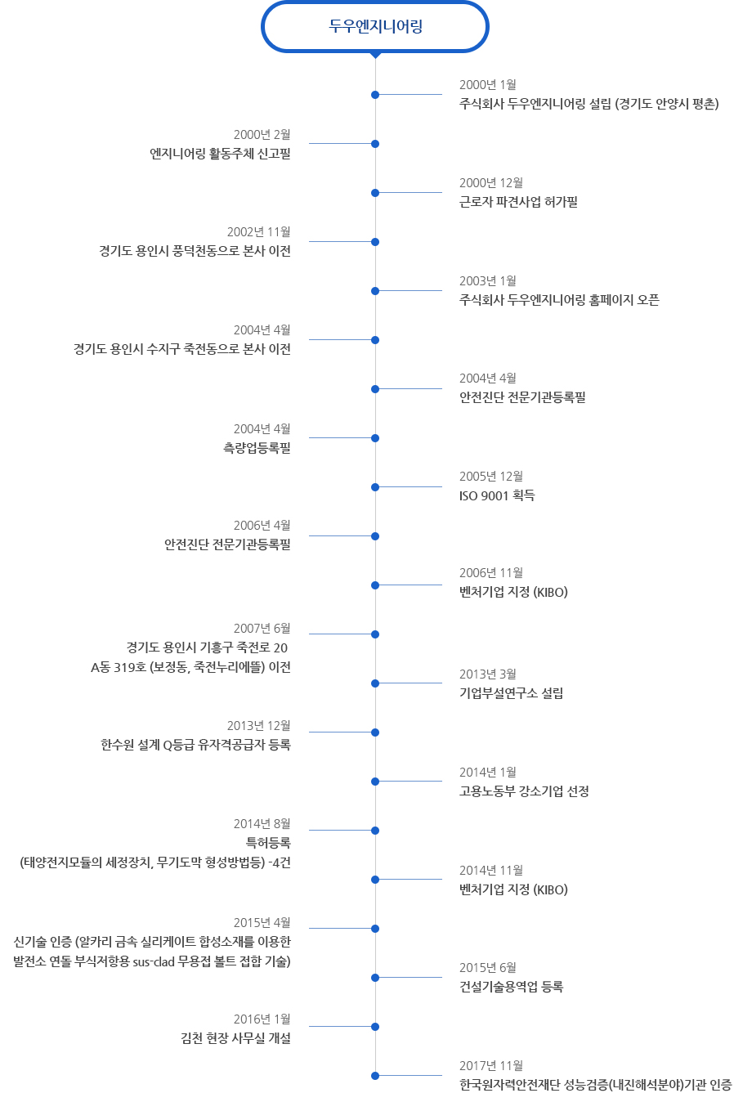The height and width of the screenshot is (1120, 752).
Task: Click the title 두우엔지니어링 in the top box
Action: click(375, 26)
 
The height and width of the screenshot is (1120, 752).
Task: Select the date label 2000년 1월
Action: click(487, 84)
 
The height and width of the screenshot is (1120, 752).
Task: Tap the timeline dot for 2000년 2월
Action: click(375, 144)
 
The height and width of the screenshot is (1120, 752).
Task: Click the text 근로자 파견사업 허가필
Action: click(518, 202)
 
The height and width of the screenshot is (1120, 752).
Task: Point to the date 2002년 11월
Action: click(258, 231)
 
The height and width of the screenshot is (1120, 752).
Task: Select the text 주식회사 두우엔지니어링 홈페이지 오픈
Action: click(559, 300)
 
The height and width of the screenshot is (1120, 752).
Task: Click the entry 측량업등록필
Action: click(257, 447)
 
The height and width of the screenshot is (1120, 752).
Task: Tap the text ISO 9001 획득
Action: click(497, 495)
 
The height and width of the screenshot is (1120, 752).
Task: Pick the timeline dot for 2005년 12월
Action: click(375, 487)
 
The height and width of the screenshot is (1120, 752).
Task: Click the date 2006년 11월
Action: click(491, 572)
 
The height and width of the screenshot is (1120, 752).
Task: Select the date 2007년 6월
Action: click(262, 628)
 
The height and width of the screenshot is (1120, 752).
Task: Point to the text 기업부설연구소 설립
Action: click(511, 693)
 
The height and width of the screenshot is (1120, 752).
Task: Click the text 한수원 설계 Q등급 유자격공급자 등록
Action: click(195, 745)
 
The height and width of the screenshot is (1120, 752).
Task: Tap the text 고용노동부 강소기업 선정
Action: click(524, 791)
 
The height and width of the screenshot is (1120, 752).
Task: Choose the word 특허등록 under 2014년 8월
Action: click(268, 843)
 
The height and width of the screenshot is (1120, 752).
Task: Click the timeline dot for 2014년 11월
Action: click(375, 880)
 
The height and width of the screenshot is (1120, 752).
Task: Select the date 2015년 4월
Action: click(262, 922)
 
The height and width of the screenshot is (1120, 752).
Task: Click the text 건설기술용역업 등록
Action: click(511, 987)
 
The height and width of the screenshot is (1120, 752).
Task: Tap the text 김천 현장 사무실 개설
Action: click(235, 1038)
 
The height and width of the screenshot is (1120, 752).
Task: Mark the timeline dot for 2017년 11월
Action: click(375, 1076)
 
